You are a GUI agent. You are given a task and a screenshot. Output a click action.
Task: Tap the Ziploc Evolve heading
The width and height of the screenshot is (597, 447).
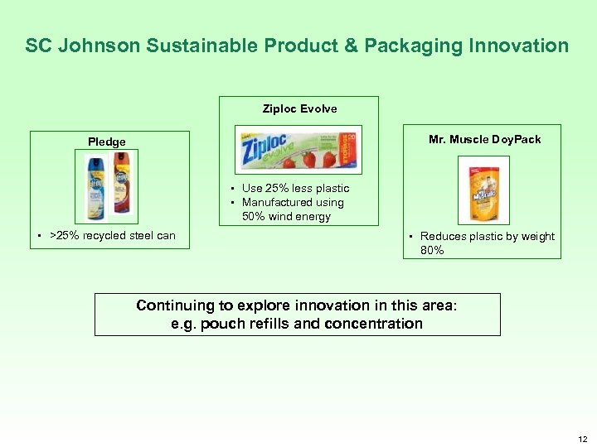click(299, 108)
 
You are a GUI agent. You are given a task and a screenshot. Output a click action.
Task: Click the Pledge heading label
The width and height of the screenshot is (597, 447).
click(107, 142)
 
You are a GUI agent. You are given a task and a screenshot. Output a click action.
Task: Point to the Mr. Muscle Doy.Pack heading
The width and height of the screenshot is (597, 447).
click(484, 139)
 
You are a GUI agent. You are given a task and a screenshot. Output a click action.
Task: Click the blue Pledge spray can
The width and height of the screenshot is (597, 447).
click(96, 188)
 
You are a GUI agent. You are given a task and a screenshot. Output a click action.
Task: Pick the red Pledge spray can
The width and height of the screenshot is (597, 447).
click(120, 188)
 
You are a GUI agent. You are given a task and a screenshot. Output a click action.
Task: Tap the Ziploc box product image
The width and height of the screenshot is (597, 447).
click(298, 151)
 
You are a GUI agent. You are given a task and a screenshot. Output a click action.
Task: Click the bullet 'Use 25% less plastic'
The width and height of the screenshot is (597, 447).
click(295, 188)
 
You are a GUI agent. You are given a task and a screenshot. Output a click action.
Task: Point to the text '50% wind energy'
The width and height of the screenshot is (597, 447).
click(286, 217)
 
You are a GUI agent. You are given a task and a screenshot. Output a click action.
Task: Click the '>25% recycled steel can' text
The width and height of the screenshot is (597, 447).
click(113, 235)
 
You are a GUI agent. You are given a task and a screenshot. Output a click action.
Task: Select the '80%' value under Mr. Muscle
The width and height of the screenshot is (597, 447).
click(432, 250)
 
